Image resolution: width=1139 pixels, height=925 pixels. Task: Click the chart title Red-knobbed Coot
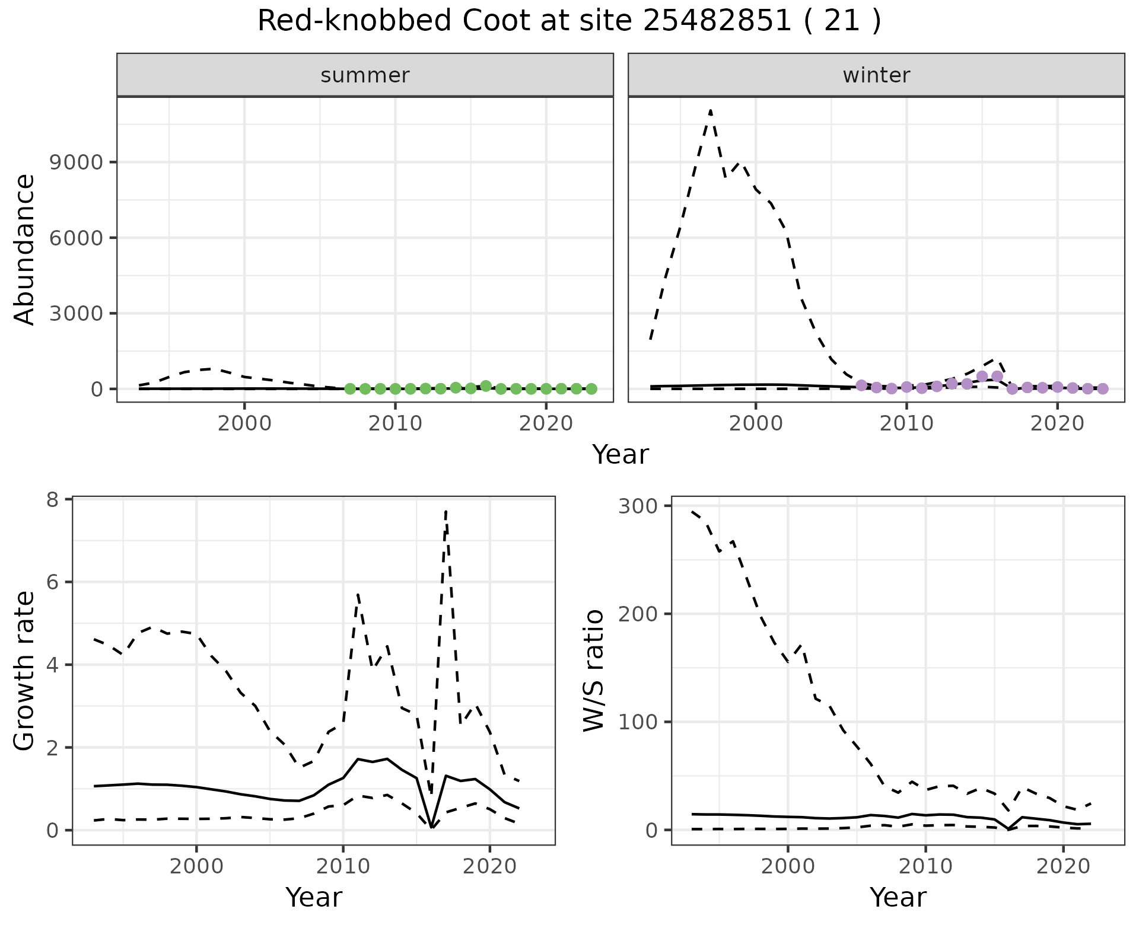568,21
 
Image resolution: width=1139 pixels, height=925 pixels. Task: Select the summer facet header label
365,75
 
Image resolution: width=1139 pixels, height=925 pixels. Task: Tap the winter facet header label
876,75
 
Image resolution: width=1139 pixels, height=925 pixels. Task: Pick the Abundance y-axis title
25,249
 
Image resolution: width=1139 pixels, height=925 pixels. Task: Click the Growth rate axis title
25,671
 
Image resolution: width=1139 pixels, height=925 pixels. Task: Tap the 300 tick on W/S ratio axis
636,506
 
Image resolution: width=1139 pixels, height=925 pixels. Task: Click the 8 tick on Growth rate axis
53,500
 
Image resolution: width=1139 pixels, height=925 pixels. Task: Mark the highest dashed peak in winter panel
710,110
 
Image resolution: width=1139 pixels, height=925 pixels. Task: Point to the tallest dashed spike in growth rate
446,511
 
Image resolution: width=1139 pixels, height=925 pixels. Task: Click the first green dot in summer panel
350,389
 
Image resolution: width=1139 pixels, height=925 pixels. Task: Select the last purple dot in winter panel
1102,389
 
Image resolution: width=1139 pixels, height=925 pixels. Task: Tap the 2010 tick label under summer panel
395,424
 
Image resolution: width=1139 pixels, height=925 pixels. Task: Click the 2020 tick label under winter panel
1057,424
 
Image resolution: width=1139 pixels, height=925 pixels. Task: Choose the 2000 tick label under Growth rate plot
196,866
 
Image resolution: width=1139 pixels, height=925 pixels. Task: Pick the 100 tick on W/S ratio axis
636,722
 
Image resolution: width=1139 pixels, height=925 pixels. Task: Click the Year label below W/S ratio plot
898,897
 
